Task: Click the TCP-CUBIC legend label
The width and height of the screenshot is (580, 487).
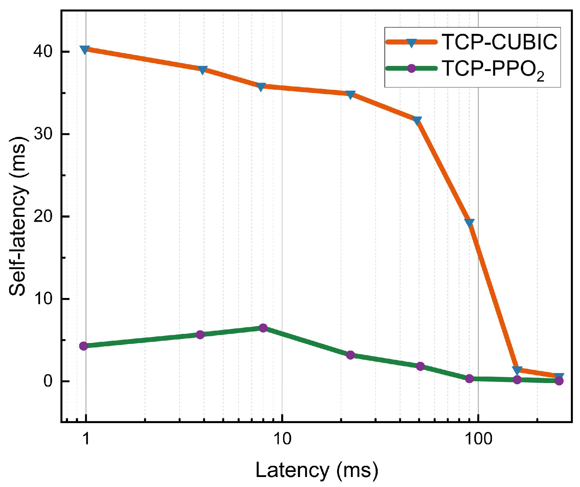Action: point(500,42)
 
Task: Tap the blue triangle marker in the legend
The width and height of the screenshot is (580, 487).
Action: point(411,43)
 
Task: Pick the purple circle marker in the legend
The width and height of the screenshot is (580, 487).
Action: point(411,68)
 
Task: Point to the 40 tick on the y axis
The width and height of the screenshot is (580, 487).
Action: point(43,52)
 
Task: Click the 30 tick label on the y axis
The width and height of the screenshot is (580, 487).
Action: point(43,134)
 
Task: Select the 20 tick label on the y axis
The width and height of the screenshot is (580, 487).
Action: point(43,216)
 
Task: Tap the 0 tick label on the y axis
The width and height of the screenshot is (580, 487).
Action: point(48,381)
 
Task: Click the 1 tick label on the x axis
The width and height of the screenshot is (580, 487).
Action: point(86,439)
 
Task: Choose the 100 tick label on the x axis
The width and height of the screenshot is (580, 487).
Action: point(478,439)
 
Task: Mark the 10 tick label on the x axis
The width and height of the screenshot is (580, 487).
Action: point(282,439)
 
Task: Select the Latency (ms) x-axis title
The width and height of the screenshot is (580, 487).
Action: point(316,470)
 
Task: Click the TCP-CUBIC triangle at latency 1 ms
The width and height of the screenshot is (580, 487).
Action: point(85,49)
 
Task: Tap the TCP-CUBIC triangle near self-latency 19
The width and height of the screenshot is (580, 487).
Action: point(469,223)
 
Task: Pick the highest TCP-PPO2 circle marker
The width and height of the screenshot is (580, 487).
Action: point(263,328)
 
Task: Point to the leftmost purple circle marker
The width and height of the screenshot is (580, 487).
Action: point(84,346)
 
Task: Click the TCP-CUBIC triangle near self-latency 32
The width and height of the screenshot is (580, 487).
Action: point(417,120)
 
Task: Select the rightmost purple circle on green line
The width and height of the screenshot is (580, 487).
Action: point(559,381)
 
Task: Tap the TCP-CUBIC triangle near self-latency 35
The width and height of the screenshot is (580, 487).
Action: point(350,95)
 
